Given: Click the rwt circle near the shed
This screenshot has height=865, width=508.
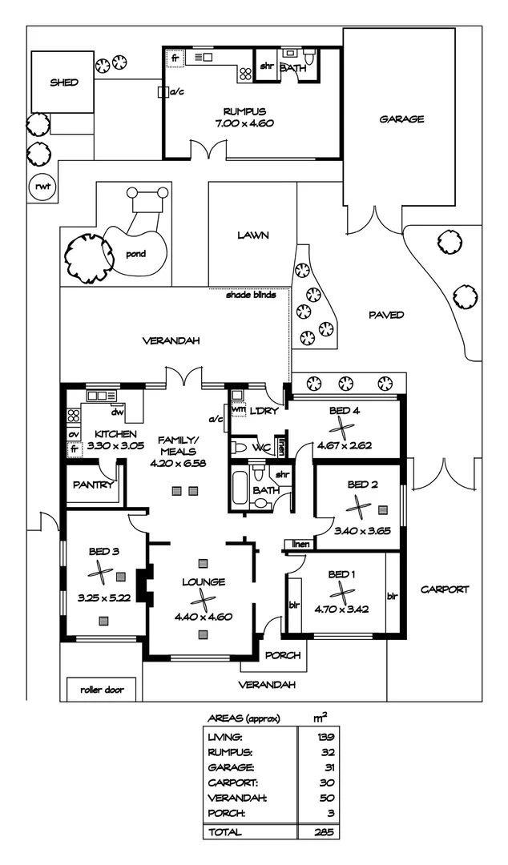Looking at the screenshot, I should (39, 187).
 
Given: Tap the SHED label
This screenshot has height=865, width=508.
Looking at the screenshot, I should (63, 82).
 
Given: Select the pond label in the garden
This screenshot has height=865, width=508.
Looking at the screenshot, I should (135, 255).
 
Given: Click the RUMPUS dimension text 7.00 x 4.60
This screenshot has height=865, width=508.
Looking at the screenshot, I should (244, 123).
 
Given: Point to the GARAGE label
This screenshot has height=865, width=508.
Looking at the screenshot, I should (401, 119).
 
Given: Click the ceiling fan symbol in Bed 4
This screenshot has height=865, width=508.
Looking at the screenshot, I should (345, 427).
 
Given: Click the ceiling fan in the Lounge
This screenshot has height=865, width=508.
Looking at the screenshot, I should (204, 603).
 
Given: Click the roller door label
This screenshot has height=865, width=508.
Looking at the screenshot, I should (101, 689).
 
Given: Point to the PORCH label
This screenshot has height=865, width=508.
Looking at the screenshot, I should (283, 655).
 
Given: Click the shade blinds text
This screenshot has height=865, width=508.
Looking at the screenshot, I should (251, 294).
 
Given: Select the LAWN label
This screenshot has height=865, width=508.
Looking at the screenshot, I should (252, 236).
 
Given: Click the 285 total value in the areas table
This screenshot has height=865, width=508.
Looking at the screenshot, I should (325, 833).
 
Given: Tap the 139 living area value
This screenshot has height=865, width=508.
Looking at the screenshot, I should (325, 737).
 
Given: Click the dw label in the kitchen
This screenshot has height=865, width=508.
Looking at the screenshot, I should (117, 413).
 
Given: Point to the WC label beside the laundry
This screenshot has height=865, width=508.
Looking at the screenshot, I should (261, 446).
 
